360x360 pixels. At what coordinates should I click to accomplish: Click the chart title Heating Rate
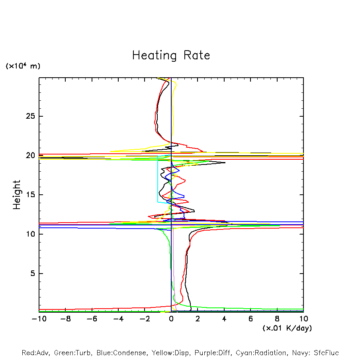pyautogui.click(x=171, y=55)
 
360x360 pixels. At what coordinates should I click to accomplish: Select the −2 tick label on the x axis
pyautogui.click(x=145, y=319)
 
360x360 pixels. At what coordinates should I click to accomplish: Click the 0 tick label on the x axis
pyautogui.click(x=171, y=319)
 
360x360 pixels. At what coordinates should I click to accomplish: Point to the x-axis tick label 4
pyautogui.click(x=224, y=319)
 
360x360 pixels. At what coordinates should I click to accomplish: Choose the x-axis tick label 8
pyautogui.click(x=277, y=319)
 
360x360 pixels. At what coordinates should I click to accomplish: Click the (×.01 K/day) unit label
pyautogui.click(x=287, y=328)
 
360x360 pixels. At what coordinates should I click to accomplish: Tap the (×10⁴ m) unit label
pyautogui.click(x=23, y=66)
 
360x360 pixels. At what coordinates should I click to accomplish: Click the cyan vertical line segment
pyautogui.click(x=158, y=179)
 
